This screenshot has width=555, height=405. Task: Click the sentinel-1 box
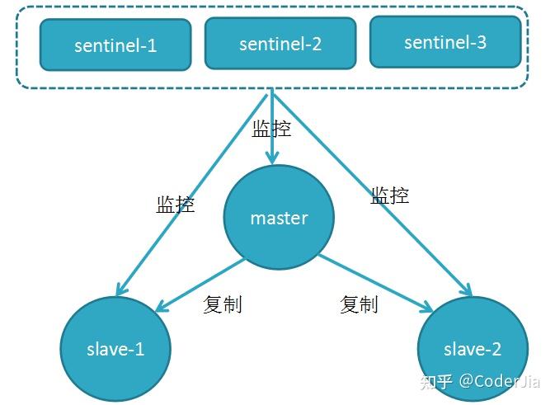pyautogui.click(x=115, y=45)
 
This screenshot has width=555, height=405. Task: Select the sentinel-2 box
pyautogui.click(x=280, y=43)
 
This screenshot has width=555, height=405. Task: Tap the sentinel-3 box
pyautogui.click(x=445, y=41)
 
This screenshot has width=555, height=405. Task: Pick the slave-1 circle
pyautogui.click(x=115, y=349)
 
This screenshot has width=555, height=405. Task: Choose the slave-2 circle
pyautogui.click(x=473, y=349)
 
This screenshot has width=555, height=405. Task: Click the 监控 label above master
pyautogui.click(x=271, y=129)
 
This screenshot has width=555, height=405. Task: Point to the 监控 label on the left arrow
pyautogui.click(x=176, y=204)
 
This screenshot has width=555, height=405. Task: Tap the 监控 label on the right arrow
pyautogui.click(x=389, y=195)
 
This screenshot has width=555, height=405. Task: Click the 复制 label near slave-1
pyautogui.click(x=222, y=304)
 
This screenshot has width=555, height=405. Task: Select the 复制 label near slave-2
pyautogui.click(x=359, y=304)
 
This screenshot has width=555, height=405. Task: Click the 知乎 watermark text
pyautogui.click(x=435, y=381)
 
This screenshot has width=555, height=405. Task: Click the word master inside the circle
pyautogui.click(x=279, y=219)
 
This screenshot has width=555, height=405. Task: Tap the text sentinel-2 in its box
pyautogui.click(x=280, y=44)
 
